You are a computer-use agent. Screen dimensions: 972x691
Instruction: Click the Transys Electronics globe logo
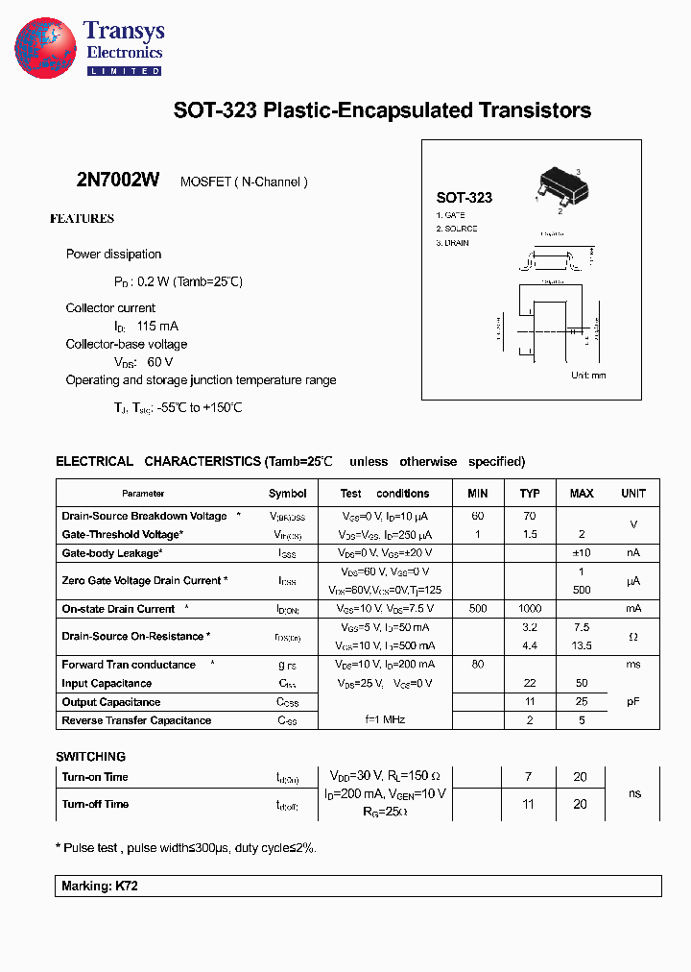(x=45, y=48)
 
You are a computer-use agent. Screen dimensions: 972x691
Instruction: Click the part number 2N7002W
(x=117, y=181)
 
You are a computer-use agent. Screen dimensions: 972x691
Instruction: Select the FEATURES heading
(x=82, y=219)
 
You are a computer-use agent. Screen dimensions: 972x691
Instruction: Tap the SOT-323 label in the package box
(x=464, y=197)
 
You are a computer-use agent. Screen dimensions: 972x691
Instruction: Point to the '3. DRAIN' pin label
(x=453, y=243)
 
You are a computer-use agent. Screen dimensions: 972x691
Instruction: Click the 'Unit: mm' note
(x=588, y=376)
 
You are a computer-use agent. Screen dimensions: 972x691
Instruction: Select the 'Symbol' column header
(x=288, y=494)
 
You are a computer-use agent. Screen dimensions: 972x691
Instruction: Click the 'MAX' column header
(x=582, y=494)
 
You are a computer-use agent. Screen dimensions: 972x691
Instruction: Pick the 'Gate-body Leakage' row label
(x=111, y=553)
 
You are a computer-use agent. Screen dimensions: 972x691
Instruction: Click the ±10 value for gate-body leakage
(x=582, y=553)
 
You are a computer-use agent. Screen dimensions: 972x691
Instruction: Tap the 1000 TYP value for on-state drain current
(x=530, y=609)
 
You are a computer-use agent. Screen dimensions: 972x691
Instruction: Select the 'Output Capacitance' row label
(x=110, y=702)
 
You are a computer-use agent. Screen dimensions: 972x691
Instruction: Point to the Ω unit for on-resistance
(x=633, y=637)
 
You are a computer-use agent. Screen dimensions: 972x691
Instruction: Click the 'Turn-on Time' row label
(x=95, y=777)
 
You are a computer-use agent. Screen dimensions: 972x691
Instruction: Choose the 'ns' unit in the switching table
(x=633, y=794)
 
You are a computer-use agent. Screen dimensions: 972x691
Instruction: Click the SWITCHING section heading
(x=90, y=757)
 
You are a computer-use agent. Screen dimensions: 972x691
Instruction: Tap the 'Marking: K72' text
(x=100, y=887)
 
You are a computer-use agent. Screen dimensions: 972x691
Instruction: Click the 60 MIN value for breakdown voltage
(x=478, y=517)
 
